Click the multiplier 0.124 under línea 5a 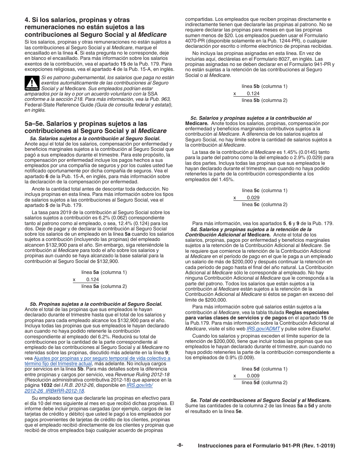pyautogui.click(x=92, y=279)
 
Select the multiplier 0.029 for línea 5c pyautogui.click(x=253, y=197)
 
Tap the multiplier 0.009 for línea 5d pyautogui.click(x=253, y=376)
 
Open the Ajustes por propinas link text pyautogui.click(x=102, y=358)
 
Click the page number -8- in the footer pyautogui.click(x=180, y=445)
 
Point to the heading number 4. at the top pyautogui.click(x=27, y=20)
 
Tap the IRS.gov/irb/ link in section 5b pyautogui.click(x=139, y=385)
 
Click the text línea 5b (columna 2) pyautogui.click(x=264, y=100)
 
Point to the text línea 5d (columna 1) pyautogui.click(x=264, y=369)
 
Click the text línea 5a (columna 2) pyautogui.click(x=104, y=286)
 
